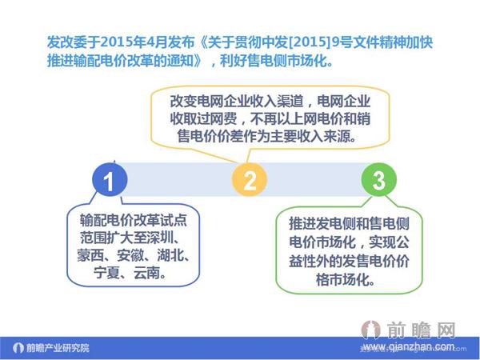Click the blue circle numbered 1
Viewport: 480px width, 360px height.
click(111, 181)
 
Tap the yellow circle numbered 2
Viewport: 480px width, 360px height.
click(250, 181)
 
